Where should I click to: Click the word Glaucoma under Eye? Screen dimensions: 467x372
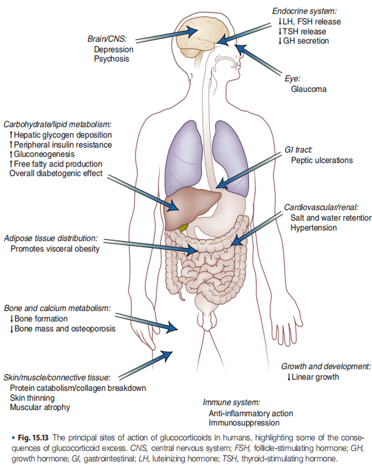309,89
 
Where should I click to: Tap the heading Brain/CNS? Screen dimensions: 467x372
107,39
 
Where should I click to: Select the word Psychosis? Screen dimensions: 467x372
111,59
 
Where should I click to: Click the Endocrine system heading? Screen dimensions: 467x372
304,11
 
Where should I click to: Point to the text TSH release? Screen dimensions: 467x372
304,32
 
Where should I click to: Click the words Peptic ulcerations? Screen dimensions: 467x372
322,160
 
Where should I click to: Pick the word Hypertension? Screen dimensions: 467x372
314,228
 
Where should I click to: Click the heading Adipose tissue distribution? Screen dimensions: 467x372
51,238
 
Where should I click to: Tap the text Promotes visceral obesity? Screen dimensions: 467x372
55,249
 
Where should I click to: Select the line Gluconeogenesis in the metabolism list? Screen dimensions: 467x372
44,154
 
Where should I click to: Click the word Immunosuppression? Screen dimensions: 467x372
244,423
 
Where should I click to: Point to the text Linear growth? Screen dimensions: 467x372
315,377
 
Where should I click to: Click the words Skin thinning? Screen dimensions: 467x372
32,398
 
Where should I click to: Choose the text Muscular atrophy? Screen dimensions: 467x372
40,407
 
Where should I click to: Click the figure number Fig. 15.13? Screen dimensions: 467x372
33,438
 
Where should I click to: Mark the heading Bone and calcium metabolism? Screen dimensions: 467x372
57,308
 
